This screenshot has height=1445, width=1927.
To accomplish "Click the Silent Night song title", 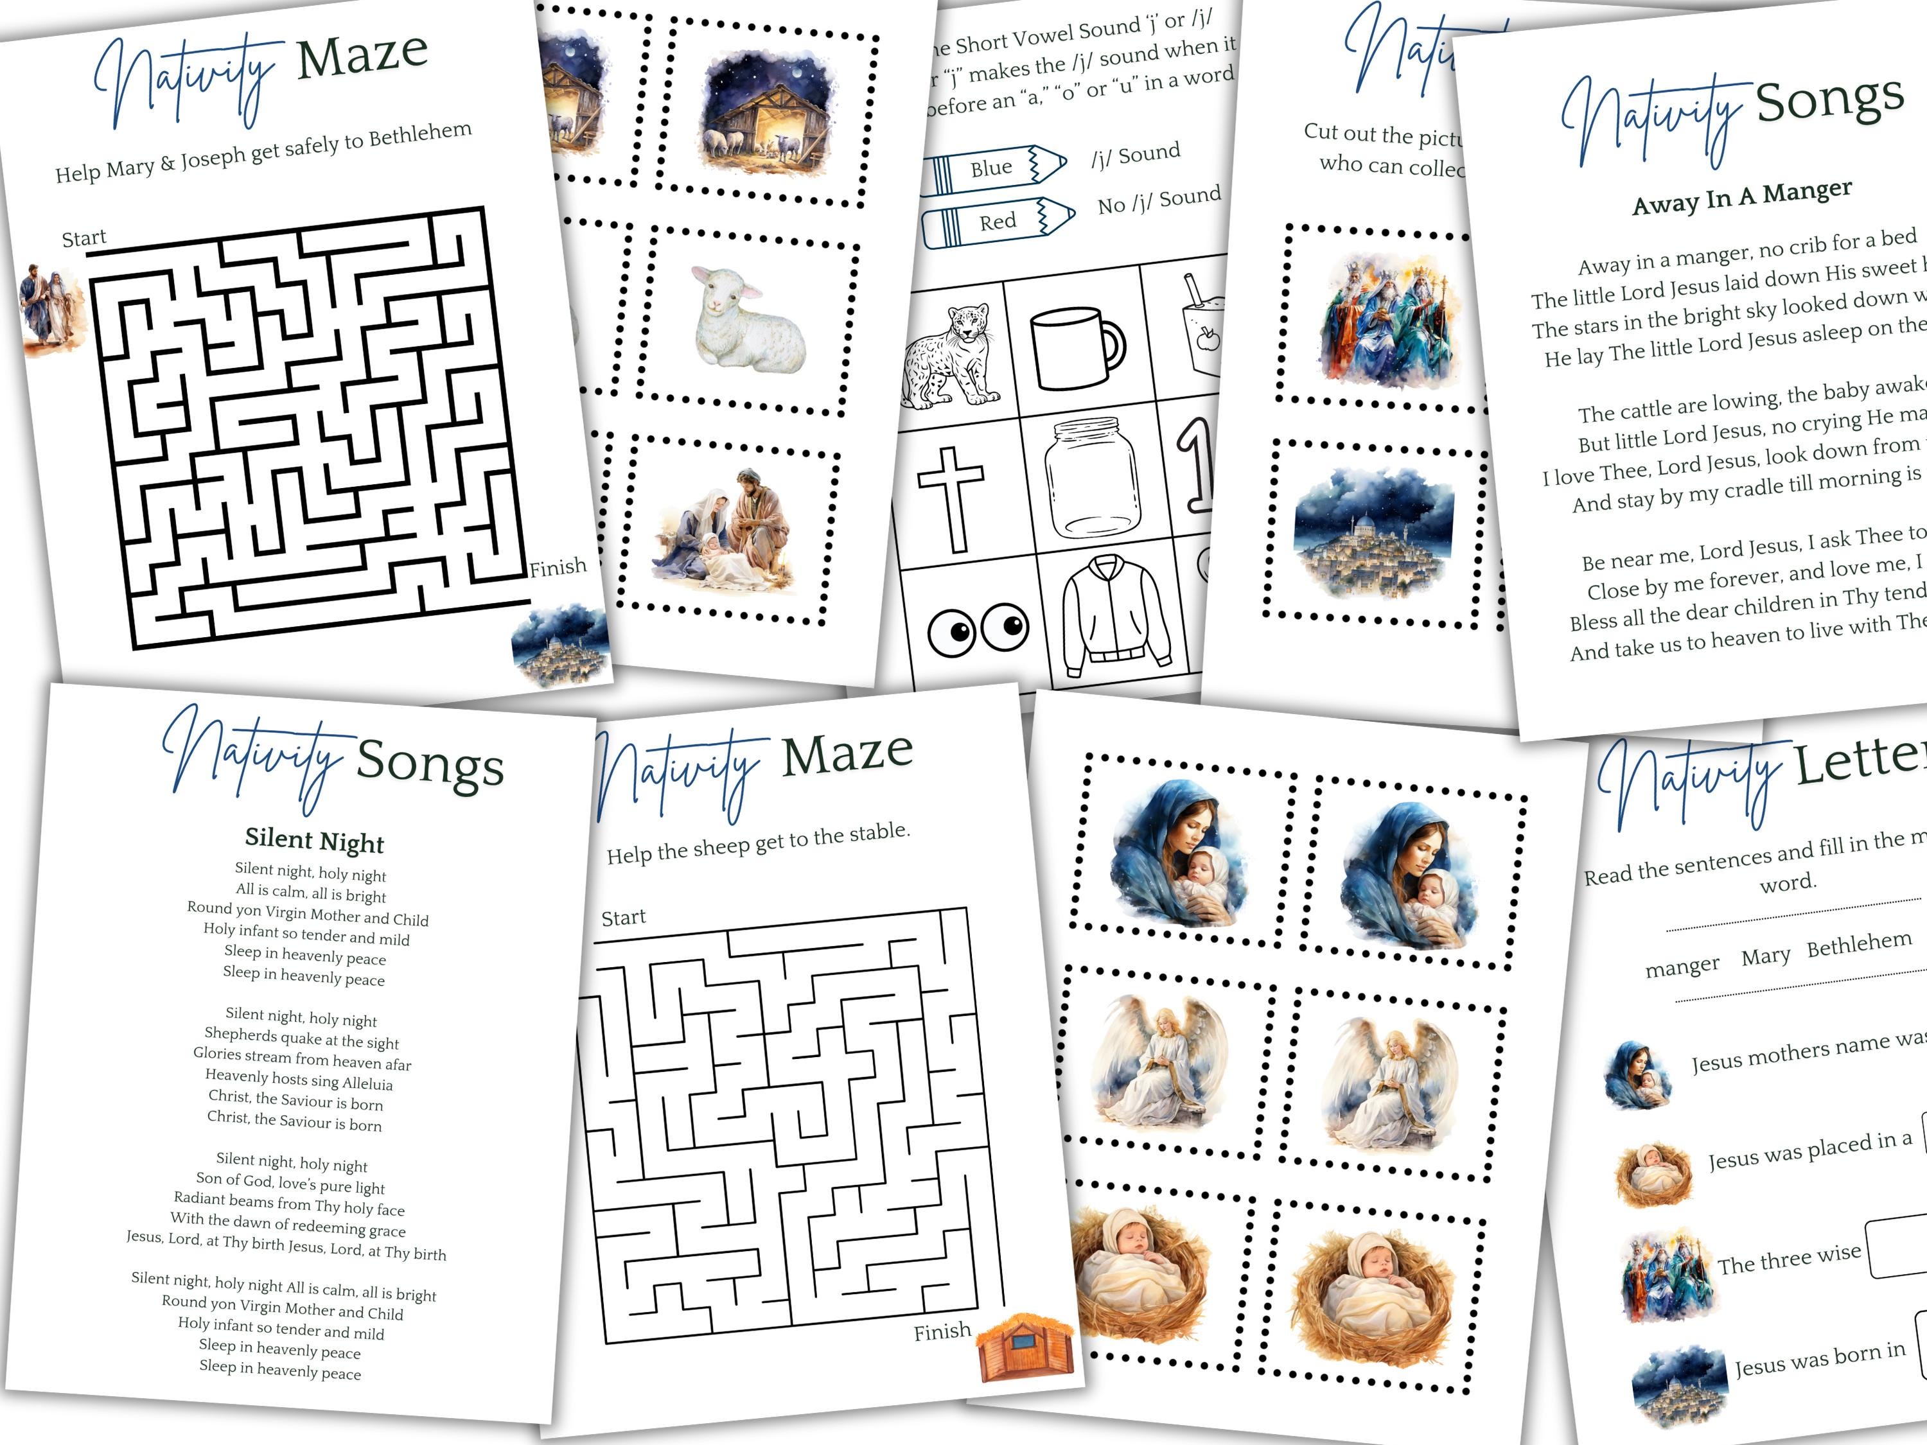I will pyautogui.click(x=315, y=841).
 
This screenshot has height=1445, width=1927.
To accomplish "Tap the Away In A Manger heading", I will pyautogui.click(x=1741, y=198).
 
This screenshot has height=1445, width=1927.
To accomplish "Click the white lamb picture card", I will pyautogui.click(x=749, y=317).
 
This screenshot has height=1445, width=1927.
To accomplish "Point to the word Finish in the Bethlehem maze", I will pyautogui.click(x=558, y=568).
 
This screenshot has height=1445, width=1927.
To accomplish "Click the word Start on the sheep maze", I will pyautogui.click(x=623, y=917).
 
